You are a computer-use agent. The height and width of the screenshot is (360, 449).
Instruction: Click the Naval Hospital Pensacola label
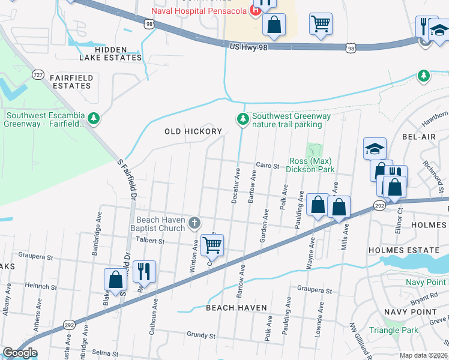(201, 11)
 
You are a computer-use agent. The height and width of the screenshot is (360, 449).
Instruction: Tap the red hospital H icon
(256, 10)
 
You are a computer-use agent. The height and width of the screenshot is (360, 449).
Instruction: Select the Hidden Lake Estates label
(111, 53)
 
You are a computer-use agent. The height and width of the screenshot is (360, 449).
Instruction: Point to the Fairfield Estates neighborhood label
(70, 82)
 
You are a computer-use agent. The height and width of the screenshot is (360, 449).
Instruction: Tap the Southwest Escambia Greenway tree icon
(93, 119)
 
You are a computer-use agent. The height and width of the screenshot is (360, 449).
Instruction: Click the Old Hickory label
(193, 131)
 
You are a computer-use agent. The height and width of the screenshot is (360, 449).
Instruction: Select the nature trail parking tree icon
(243, 120)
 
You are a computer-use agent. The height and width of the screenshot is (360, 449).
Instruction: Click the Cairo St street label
(268, 166)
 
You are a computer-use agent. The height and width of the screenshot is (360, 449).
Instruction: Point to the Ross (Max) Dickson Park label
(311, 165)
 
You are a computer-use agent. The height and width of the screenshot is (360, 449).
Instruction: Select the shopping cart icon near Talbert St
(212, 244)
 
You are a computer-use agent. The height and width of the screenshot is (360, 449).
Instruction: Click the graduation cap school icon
(375, 148)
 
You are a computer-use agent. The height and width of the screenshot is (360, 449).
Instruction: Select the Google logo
(20, 353)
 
